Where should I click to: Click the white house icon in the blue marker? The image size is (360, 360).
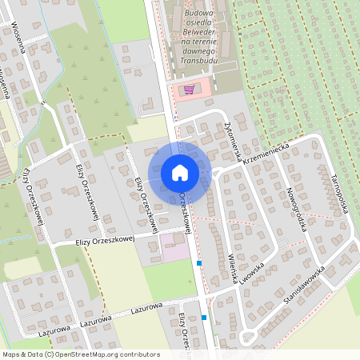point(179,172)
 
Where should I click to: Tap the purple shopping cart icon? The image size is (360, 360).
point(189,90)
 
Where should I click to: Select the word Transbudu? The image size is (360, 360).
point(198,58)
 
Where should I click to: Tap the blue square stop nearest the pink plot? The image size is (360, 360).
point(199,262)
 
